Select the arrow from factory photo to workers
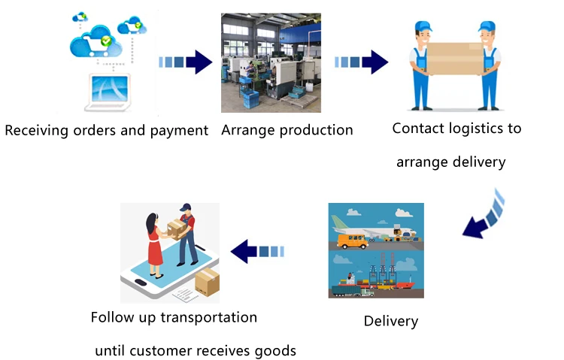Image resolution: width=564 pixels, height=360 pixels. pos(361,62)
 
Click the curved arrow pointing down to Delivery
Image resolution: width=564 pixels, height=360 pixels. pos(485,213)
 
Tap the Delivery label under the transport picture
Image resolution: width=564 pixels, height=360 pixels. pos(390,321)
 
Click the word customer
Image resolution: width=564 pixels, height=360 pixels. pos(164,350)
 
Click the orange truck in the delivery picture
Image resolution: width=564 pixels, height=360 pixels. pos(356,240)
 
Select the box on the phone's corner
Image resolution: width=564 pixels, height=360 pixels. pos(207,283)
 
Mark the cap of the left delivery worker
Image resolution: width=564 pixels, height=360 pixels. pos(423,26)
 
